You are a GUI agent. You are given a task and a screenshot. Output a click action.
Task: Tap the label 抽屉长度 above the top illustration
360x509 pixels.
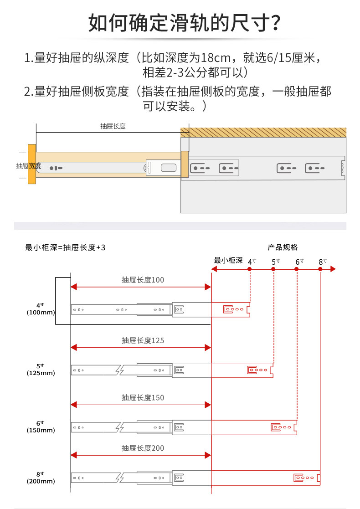click(x=113, y=126)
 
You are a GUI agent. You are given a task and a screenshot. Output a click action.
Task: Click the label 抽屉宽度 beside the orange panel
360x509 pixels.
click(x=29, y=165)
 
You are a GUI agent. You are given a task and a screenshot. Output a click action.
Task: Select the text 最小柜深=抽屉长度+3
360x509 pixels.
click(x=65, y=247)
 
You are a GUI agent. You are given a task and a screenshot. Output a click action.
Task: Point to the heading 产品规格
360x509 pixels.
click(x=283, y=247)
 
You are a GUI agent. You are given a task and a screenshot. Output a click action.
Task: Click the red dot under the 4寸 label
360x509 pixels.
click(x=250, y=269)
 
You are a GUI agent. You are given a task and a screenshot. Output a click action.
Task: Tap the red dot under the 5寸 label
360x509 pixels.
click(x=273, y=269)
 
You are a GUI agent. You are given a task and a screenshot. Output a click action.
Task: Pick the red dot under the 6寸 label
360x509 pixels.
click(x=297, y=269)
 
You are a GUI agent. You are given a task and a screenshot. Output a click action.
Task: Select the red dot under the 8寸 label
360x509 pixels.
click(x=320, y=269)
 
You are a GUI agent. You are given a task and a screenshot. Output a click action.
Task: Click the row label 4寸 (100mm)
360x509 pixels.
click(x=41, y=309)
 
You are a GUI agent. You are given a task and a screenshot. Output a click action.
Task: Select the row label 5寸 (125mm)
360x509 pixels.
click(x=41, y=370)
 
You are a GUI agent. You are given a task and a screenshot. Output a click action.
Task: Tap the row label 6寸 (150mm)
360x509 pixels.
click(x=41, y=427)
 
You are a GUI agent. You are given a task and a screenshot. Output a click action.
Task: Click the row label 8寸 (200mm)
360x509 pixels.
click(x=41, y=478)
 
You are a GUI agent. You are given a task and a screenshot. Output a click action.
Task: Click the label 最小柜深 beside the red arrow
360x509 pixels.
click(x=228, y=261)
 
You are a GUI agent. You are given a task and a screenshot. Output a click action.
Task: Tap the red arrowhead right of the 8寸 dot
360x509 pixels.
click(x=333, y=269)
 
